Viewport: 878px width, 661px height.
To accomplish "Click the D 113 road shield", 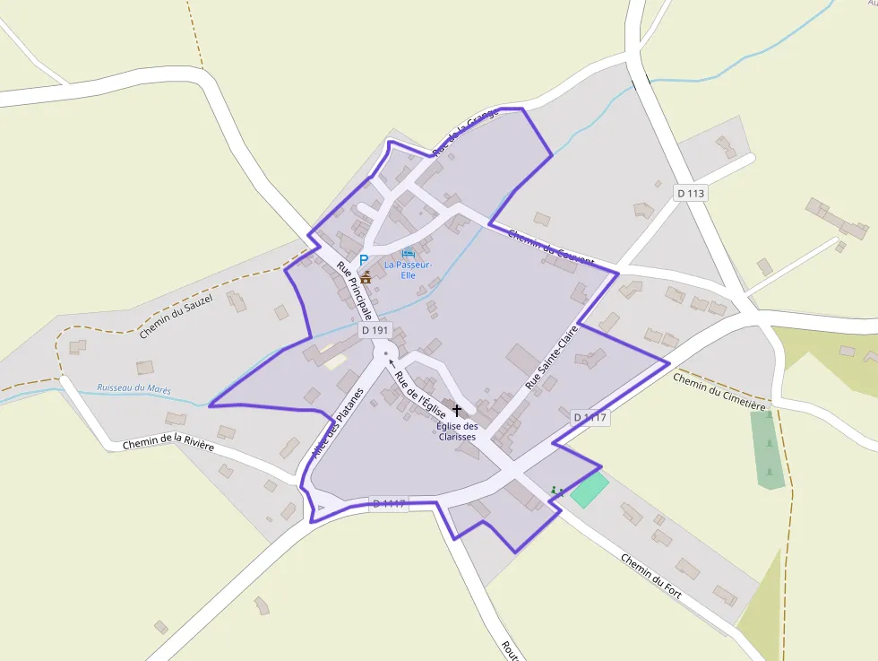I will tap(690, 193).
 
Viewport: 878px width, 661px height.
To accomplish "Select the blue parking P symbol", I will tap(364, 260).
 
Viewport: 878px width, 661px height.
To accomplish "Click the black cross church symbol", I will tap(457, 409).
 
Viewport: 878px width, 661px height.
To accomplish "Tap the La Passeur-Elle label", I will tap(409, 270).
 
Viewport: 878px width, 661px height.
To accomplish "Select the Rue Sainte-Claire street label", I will tap(553, 356).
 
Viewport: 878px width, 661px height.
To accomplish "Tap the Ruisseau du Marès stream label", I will tap(134, 390).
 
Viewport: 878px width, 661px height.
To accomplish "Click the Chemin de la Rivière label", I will tap(168, 443).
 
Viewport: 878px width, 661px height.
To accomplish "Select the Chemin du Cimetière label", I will tap(719, 392).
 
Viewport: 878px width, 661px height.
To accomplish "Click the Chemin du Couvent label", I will tap(550, 248).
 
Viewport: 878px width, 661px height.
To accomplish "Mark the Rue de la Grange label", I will tap(464, 132).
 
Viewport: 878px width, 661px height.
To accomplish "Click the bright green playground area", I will tap(589, 491).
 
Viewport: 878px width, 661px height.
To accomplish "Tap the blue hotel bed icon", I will tap(409, 253).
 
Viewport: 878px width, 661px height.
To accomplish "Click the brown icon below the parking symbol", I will tap(366, 277).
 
